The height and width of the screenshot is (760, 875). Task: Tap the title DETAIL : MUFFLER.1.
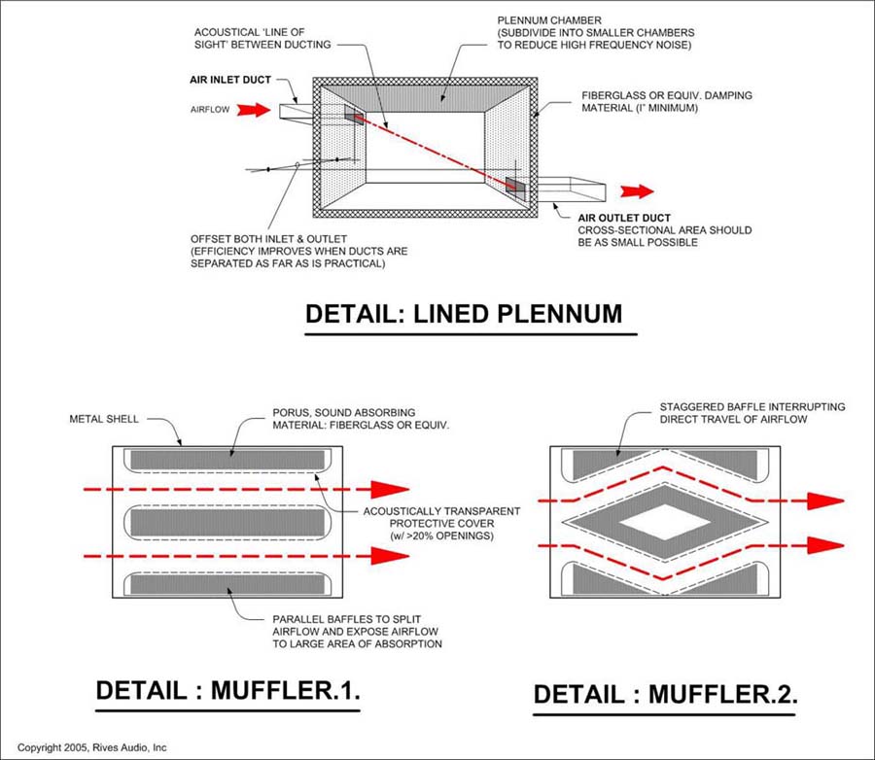click(x=228, y=691)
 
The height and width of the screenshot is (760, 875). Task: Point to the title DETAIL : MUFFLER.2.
click(x=666, y=694)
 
